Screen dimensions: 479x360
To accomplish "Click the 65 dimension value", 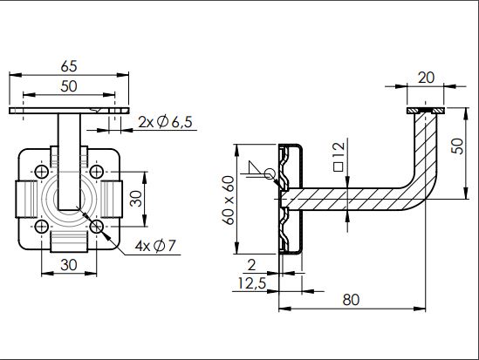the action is coord(69,66).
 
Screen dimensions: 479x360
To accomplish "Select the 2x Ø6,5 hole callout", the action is coord(165,122).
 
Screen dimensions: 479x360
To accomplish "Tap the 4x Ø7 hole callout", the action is coord(155,246).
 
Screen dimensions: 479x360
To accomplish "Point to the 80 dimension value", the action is coord(351,300).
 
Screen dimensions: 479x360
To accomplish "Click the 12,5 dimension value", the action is coord(252,283).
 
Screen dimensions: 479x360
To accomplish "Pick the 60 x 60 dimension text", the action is coord(229,200).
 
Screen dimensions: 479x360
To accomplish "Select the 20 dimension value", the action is coord(426,78).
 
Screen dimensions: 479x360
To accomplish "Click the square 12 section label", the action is coord(339,157).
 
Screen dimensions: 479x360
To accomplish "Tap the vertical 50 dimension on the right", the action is coord(457,146).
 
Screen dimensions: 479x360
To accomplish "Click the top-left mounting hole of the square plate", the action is coord(42,172).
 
